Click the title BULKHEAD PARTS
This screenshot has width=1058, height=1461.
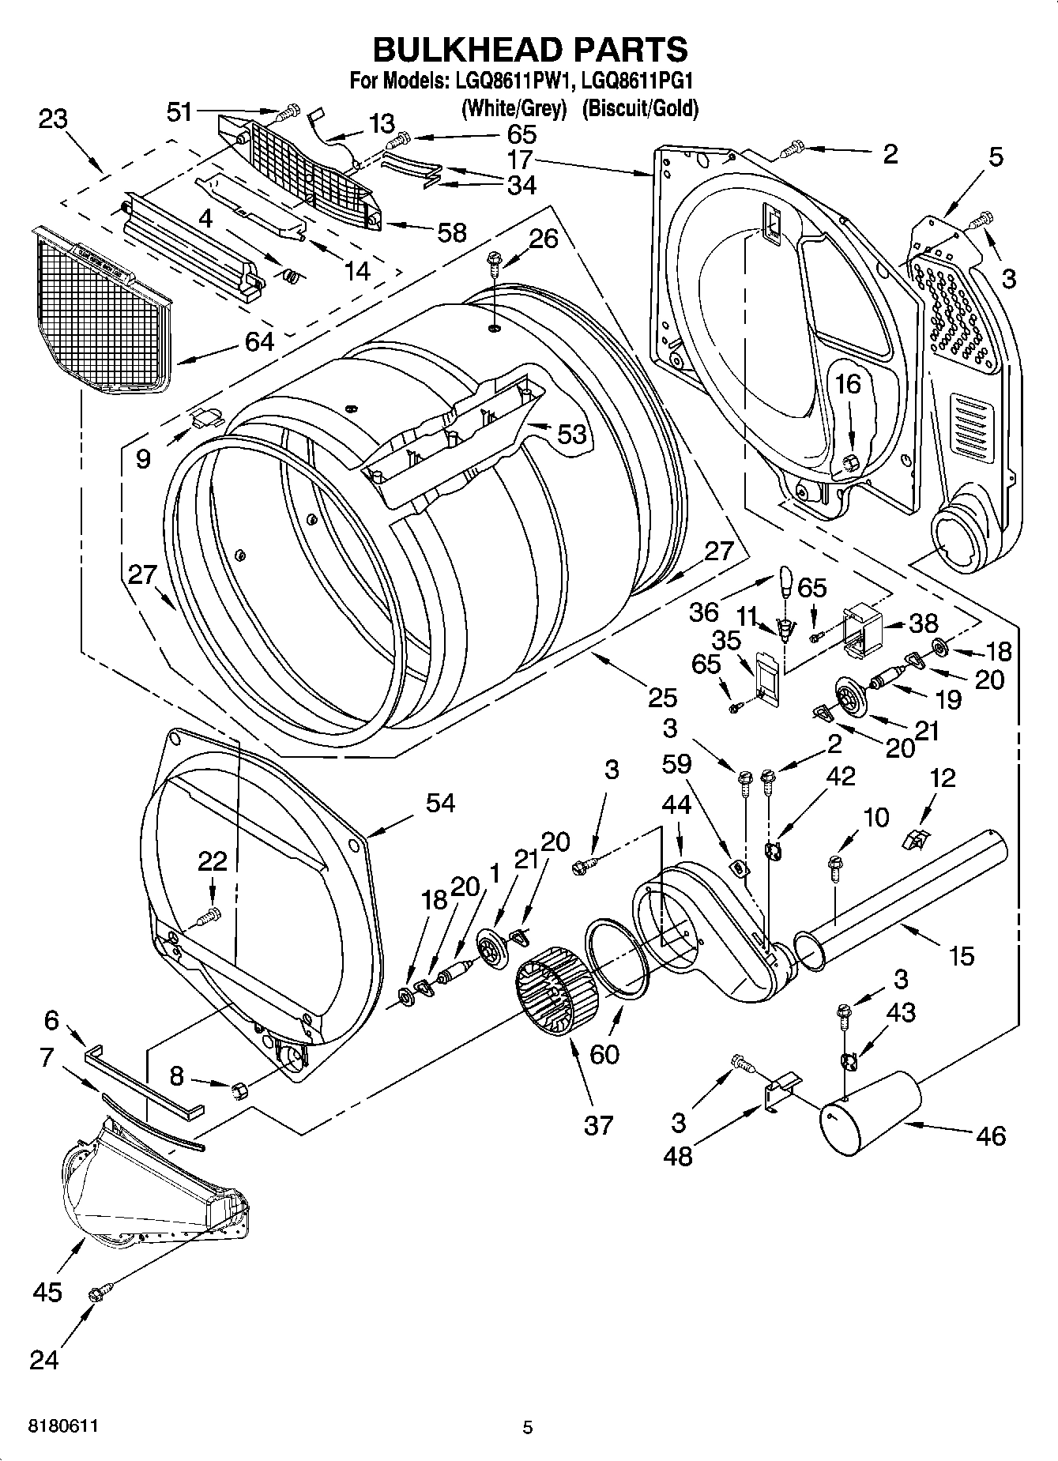(529, 49)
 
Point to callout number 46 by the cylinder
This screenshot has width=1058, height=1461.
(990, 1135)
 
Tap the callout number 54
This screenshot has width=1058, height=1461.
(440, 803)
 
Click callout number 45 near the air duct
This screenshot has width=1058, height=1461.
(47, 1292)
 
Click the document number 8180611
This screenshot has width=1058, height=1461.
(63, 1426)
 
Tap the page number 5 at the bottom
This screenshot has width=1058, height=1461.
(528, 1427)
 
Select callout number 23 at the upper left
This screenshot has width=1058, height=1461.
(54, 120)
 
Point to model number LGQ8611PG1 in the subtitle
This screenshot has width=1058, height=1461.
(637, 81)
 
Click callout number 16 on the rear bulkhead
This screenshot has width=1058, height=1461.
(848, 385)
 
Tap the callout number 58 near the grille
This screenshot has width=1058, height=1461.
(451, 232)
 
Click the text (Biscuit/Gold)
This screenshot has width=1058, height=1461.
(640, 108)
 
